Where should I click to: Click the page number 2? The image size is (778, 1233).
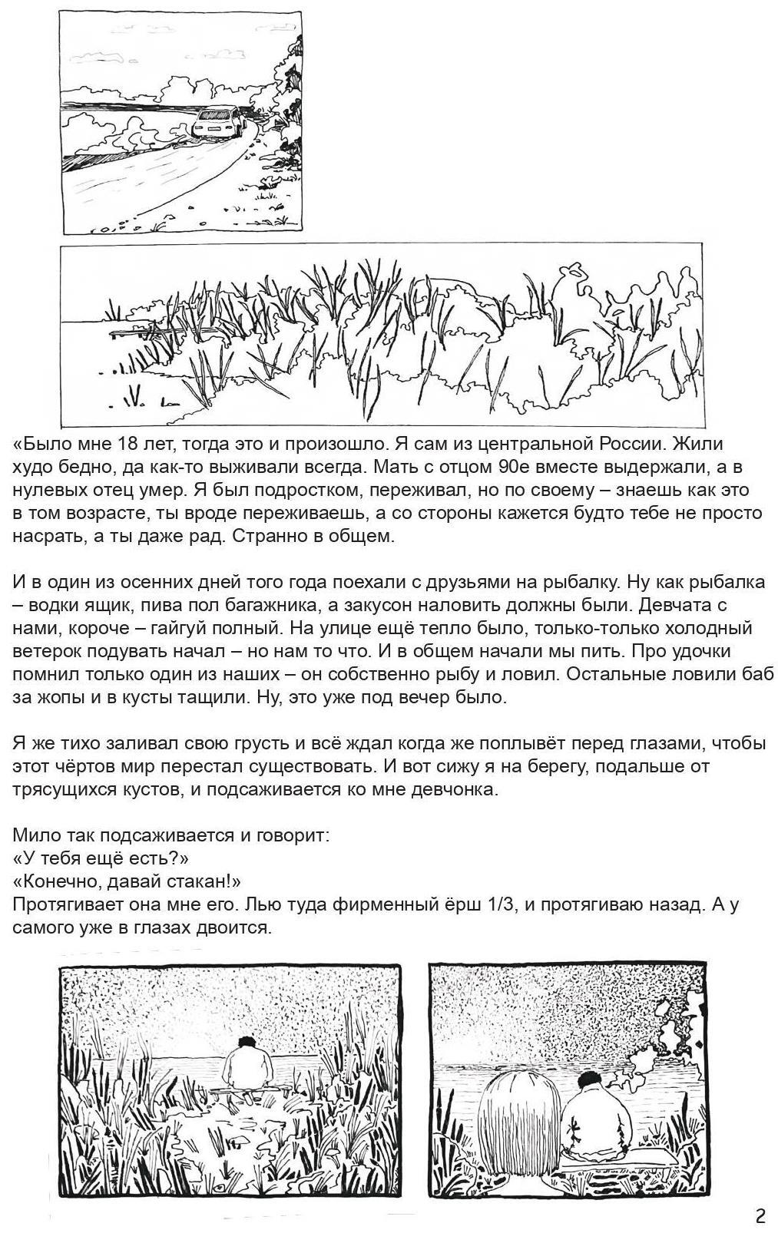coord(760,1215)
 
